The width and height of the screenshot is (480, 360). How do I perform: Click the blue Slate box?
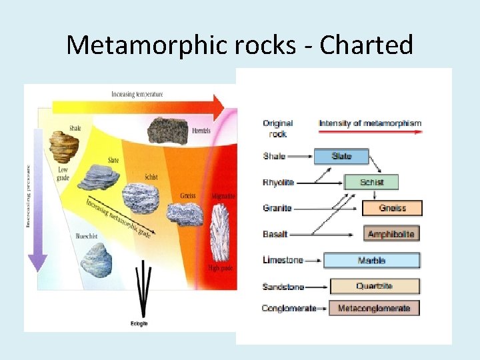pos(341,156)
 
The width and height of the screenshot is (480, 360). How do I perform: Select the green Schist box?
pos(371,182)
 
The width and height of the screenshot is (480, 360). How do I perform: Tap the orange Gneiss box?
pos(392,208)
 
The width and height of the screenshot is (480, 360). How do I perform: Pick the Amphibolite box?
pos(392,234)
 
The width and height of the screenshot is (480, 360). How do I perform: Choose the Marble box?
pos(371,261)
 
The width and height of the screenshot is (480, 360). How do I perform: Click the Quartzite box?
pos(375,287)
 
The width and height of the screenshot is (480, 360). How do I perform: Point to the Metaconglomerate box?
pos(373,308)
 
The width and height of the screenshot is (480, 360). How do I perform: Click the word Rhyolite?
pos(278,183)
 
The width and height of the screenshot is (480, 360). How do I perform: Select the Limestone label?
pos(283,261)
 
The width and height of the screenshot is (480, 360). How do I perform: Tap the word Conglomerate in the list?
pos(289,309)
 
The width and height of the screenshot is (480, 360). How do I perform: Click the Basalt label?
pos(275,234)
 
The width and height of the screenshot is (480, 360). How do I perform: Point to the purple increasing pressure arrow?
pos(38,200)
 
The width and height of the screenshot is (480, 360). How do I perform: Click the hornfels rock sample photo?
pos(167,131)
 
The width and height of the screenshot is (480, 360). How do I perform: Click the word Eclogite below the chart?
pos(139,323)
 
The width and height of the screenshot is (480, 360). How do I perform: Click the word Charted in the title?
pos(367,45)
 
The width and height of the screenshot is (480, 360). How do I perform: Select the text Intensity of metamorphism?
pos(370,123)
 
